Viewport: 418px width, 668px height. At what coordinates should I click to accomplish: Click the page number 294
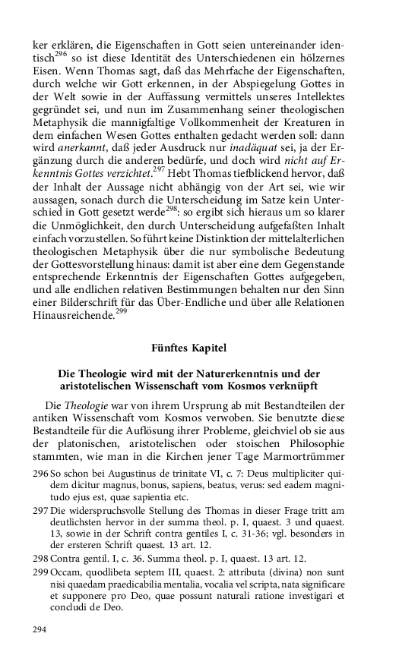(x=40, y=629)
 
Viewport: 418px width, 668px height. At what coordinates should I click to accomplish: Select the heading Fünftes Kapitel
(x=188, y=348)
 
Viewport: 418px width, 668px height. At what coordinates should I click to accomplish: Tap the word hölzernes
(x=318, y=48)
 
